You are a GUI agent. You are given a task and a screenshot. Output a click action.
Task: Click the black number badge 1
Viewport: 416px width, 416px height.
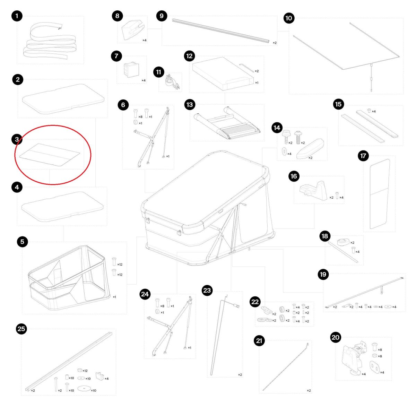coord(17,16)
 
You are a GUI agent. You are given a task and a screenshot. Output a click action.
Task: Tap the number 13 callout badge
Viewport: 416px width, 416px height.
coord(190,105)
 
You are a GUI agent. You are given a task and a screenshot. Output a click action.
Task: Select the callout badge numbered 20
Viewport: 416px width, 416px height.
coord(336,337)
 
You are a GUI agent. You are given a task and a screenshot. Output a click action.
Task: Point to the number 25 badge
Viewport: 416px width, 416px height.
coord(21,329)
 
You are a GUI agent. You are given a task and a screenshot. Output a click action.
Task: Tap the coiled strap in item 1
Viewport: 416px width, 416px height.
coord(50,41)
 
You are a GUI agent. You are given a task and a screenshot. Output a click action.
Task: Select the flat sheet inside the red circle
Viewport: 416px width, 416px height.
coord(50,155)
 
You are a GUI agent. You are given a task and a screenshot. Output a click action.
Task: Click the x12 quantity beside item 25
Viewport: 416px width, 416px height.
coord(85,371)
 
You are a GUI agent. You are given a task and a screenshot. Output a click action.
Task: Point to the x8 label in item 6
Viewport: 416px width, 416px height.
coord(140,117)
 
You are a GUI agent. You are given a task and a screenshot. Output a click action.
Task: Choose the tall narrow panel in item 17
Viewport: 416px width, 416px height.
coord(380,194)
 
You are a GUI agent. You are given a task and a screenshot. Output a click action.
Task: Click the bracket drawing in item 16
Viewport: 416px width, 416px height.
coord(314,191)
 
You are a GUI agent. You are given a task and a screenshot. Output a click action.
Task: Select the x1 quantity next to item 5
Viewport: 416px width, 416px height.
coord(114,297)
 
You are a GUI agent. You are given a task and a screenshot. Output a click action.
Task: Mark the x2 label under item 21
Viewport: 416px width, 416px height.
coord(309,390)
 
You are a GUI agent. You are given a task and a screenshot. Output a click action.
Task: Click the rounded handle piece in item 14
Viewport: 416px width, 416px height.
coord(310,148)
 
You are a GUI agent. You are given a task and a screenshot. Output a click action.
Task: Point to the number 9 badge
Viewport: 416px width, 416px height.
coord(162,16)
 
